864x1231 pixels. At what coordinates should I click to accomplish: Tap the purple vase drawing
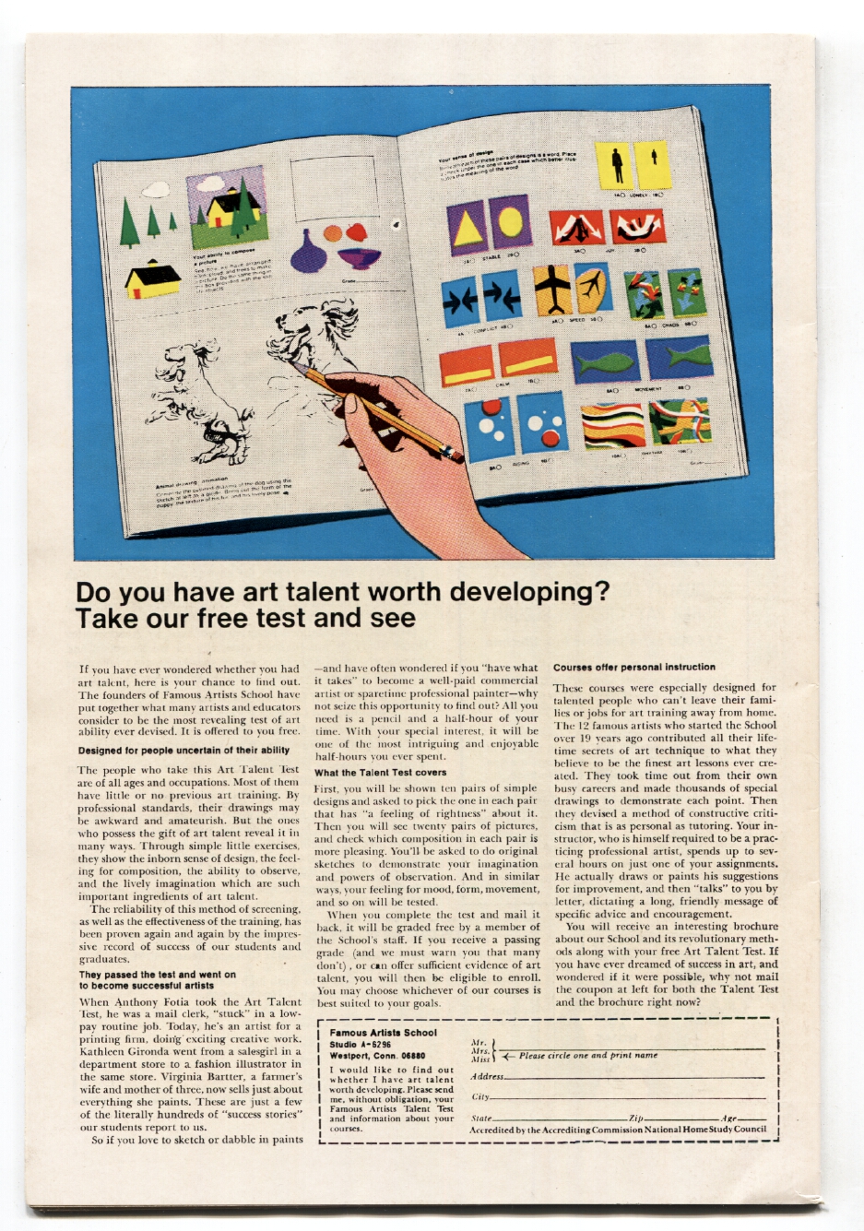308,251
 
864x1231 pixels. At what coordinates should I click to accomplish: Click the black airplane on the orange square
553,289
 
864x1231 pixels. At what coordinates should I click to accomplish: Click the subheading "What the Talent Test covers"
380,773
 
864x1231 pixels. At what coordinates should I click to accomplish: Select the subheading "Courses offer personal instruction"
633,667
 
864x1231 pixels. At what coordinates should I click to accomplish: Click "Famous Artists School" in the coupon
383,1033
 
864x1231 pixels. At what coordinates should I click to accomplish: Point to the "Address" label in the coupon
487,1076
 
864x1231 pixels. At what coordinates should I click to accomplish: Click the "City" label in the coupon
480,1097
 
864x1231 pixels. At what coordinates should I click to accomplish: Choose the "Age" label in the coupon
729,1118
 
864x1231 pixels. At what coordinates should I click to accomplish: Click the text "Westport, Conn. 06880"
377,1056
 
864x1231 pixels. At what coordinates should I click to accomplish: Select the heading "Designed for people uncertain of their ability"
183,750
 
